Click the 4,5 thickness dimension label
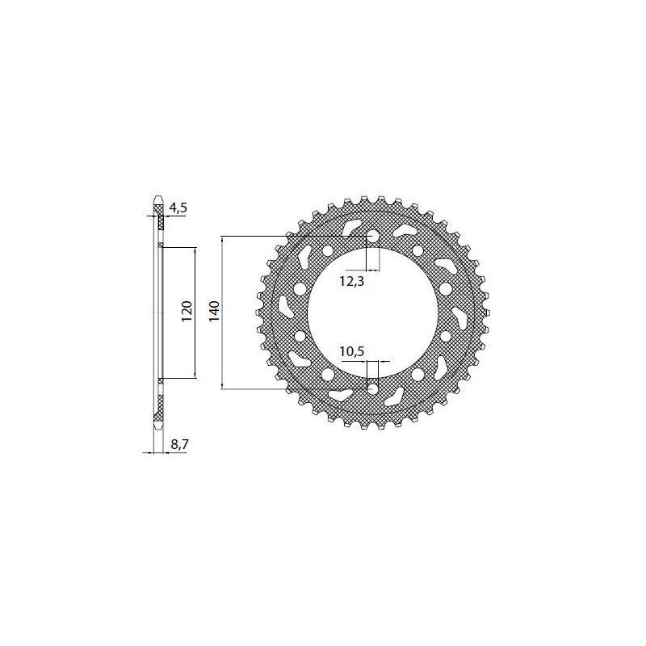[178, 208]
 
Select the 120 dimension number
[187, 312]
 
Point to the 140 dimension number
[214, 312]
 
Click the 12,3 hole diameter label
[352, 281]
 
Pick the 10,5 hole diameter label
[352, 351]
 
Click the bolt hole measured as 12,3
[373, 237]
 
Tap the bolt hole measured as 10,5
[373, 388]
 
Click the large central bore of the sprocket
[373, 313]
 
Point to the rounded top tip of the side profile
[158, 197]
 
